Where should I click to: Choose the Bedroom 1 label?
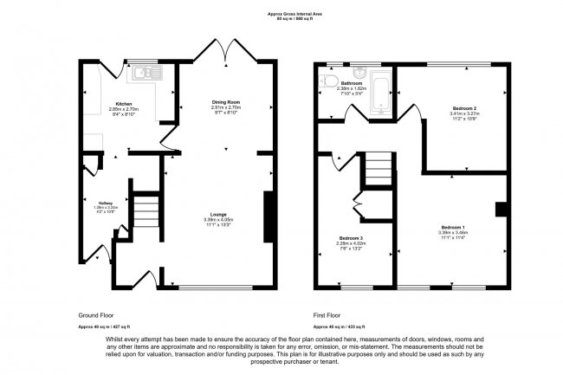[453, 227]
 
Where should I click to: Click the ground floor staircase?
[147, 210]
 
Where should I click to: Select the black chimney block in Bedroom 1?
[501, 209]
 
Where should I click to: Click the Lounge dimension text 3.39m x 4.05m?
[218, 220]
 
